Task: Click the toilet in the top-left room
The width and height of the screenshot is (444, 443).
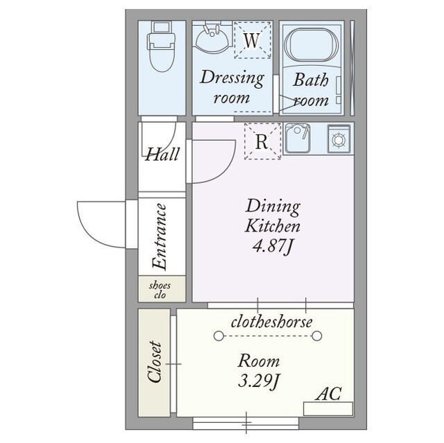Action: pyautogui.click(x=161, y=46)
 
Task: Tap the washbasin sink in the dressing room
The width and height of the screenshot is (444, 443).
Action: pyautogui.click(x=212, y=39)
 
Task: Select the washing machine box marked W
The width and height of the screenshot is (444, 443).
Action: pyautogui.click(x=253, y=40)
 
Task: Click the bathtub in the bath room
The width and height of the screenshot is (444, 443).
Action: pyautogui.click(x=311, y=45)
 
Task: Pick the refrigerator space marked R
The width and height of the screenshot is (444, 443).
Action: pyautogui.click(x=262, y=141)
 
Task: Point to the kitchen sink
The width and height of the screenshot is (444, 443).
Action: pyautogui.click(x=297, y=139)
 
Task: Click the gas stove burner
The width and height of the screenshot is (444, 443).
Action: pyautogui.click(x=339, y=139)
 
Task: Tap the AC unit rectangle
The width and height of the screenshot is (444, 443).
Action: pyautogui.click(x=328, y=409)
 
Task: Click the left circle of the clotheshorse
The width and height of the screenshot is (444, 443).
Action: pyautogui.click(x=219, y=336)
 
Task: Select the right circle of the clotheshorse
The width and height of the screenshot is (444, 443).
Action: pyautogui.click(x=317, y=336)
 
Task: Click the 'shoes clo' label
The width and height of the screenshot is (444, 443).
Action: pyautogui.click(x=160, y=290)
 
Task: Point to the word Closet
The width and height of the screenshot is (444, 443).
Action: pyautogui.click(x=155, y=362)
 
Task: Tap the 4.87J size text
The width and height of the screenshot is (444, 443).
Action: pyautogui.click(x=272, y=246)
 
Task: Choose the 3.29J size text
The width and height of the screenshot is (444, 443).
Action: pyautogui.click(x=259, y=381)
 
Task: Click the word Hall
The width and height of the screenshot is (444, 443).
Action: pyautogui.click(x=162, y=155)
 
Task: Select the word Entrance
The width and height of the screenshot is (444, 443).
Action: pyautogui.click(x=159, y=236)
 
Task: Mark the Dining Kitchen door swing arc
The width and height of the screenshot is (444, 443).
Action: pyautogui.click(x=225, y=170)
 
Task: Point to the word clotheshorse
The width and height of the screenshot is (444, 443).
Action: pyautogui.click(x=272, y=322)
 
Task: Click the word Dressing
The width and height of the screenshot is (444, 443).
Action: pyautogui.click(x=232, y=78)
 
